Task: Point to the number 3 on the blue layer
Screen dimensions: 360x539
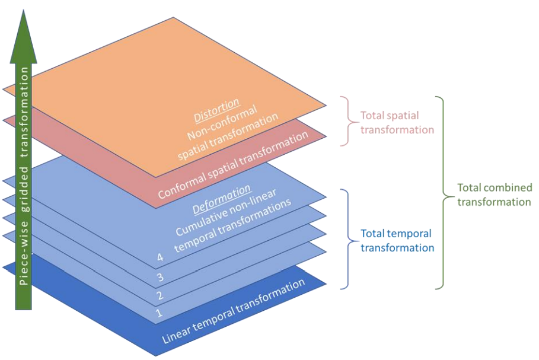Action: [x=160, y=277]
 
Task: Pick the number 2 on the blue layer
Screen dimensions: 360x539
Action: [x=160, y=295]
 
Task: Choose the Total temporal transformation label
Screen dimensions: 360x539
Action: [x=398, y=240]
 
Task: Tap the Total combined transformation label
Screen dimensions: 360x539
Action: [x=495, y=195]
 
